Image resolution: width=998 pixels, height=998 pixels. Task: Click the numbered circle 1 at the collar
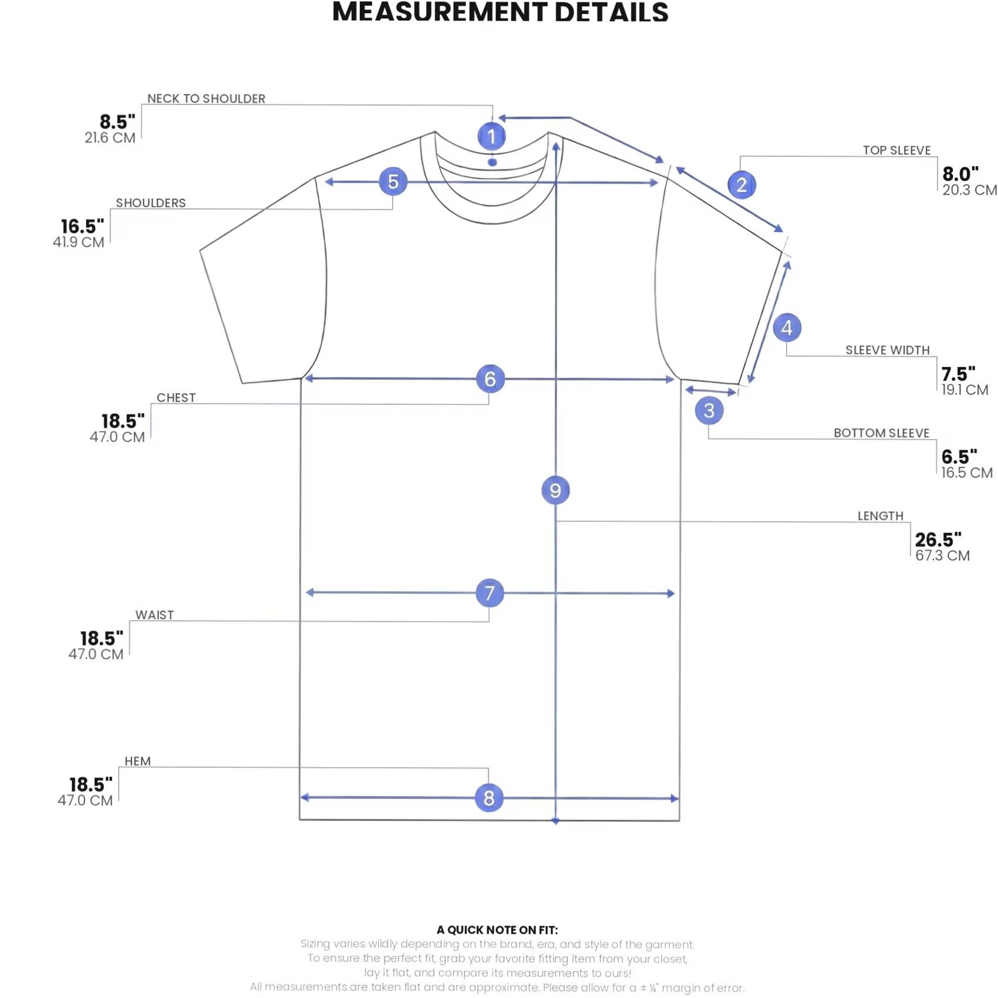[491, 136]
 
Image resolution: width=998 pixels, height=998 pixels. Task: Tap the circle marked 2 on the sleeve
[741, 185]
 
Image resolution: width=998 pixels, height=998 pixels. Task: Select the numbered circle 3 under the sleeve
[709, 410]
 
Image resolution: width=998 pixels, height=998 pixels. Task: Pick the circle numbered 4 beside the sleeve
[787, 328]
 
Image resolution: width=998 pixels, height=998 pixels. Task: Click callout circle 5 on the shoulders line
[393, 181]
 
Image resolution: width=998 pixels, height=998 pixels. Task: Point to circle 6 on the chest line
[490, 379]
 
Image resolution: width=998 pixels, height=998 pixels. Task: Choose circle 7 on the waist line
[490, 593]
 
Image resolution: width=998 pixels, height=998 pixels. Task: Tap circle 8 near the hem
[489, 798]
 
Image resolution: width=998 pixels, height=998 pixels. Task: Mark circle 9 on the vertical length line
[555, 490]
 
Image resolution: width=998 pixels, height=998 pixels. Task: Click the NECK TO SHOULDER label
[206, 99]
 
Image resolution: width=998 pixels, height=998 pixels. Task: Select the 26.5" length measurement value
[938, 540]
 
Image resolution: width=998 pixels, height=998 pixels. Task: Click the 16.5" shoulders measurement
[83, 226]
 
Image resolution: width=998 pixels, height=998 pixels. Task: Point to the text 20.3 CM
[970, 190]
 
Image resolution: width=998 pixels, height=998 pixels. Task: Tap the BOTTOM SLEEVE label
[882, 433]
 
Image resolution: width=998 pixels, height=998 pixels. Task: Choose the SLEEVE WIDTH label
[888, 350]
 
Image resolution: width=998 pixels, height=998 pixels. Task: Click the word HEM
[137, 761]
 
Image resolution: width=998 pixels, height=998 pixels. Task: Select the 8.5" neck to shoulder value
[117, 122]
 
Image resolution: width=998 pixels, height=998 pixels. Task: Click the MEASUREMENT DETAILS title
[500, 12]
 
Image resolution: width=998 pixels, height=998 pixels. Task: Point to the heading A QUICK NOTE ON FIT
[497, 930]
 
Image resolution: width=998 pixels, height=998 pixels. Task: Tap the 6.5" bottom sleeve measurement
[959, 457]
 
